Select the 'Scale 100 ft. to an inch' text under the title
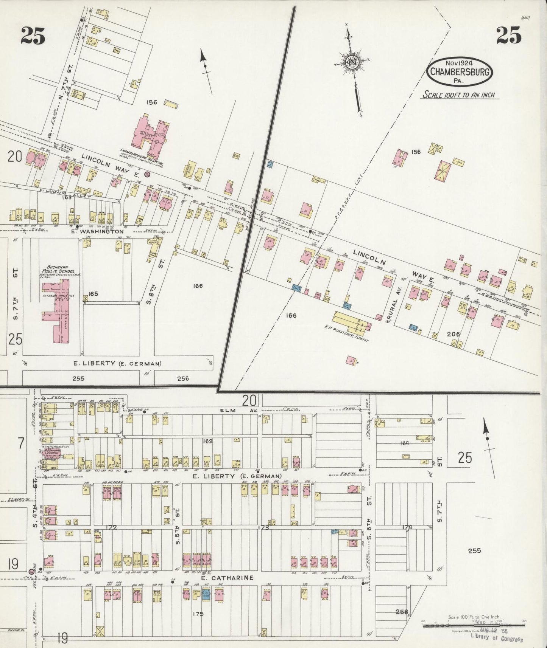(459, 95)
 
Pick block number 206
(453, 334)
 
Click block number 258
(402, 611)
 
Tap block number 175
(198, 614)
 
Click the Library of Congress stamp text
(496, 640)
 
